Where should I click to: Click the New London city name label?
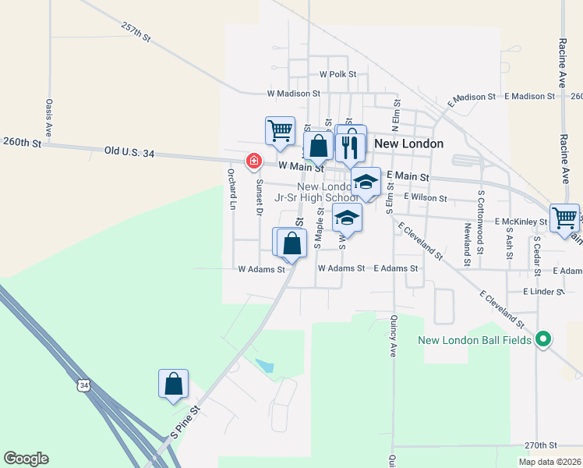[409, 144]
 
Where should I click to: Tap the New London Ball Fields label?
[474, 339]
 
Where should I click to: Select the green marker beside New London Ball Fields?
[544, 339]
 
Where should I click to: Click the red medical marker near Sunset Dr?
[253, 161]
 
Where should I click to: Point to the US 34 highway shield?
[84, 385]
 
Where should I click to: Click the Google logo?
[26, 459]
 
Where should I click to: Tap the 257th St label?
[136, 31]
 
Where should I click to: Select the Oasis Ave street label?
[48, 117]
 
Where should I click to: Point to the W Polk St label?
[337, 74]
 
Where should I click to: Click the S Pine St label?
[185, 420]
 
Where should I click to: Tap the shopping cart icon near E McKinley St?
[564, 217]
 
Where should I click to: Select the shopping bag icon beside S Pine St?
[173, 384]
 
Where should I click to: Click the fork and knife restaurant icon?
[350, 145]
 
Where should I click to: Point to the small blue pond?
[265, 365]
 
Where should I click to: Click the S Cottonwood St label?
[482, 212]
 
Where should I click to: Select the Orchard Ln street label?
[231, 190]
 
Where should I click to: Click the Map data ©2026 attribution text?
[549, 462]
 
